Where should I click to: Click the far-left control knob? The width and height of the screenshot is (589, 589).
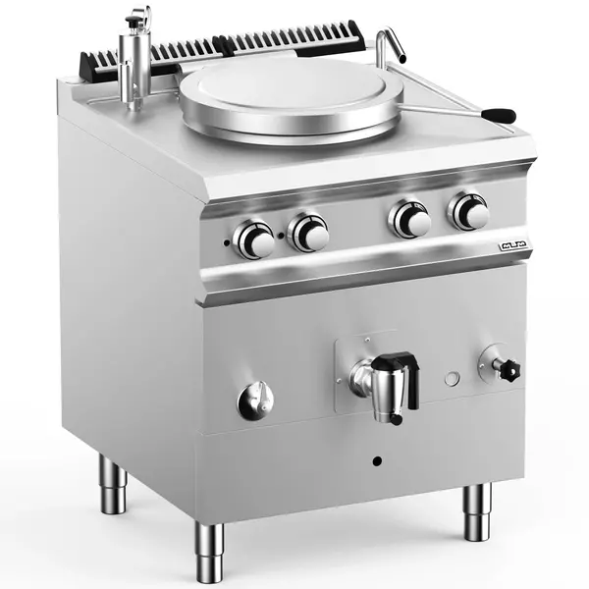[255, 240]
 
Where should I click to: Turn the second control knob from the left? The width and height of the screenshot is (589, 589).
[310, 233]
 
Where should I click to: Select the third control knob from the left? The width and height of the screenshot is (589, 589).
[411, 219]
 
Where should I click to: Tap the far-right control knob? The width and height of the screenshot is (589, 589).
[470, 211]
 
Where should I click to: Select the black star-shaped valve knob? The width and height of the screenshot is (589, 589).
[507, 370]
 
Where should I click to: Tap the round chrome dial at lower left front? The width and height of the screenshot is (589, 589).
[254, 401]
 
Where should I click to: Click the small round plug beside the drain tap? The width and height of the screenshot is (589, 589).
[452, 378]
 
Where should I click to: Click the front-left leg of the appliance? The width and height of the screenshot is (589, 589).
[208, 551]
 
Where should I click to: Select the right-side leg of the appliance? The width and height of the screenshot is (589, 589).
[477, 511]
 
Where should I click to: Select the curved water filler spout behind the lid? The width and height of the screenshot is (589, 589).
[390, 42]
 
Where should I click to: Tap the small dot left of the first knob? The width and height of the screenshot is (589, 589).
[227, 242]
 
